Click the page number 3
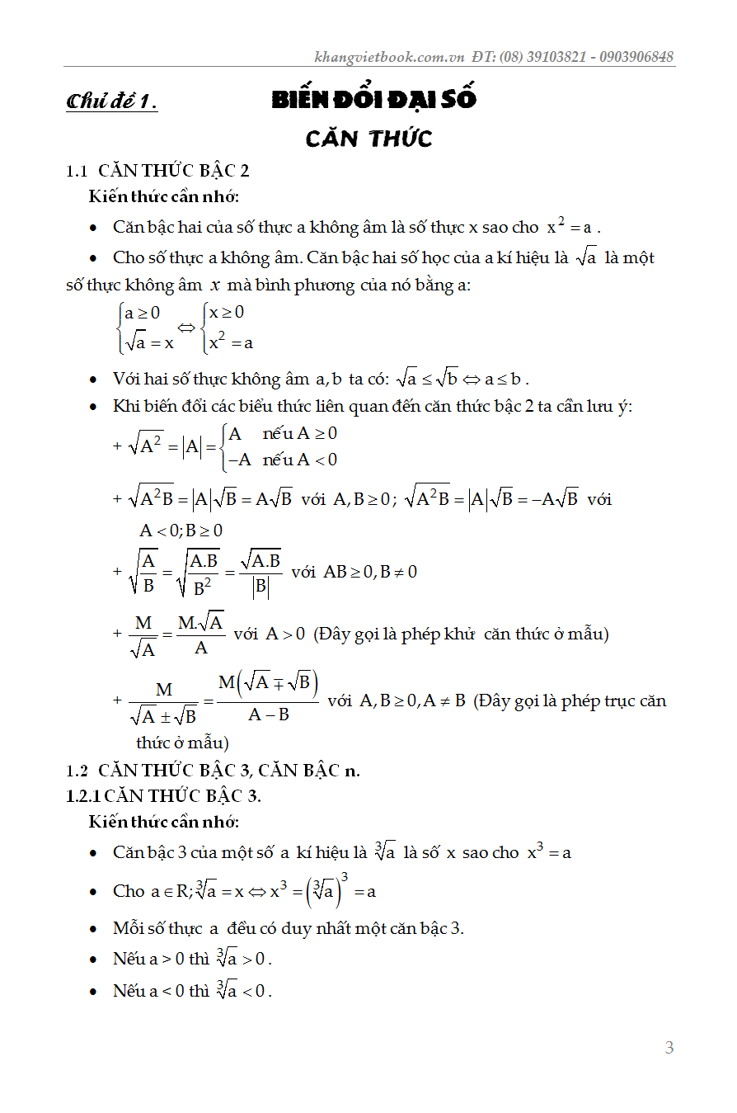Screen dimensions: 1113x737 click(x=669, y=1048)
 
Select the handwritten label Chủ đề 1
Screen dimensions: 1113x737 click(x=111, y=102)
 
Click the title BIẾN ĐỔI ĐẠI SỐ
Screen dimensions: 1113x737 click(x=374, y=100)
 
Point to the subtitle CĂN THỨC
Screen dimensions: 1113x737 click(x=368, y=138)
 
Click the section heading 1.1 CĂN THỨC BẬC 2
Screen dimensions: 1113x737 click(x=157, y=171)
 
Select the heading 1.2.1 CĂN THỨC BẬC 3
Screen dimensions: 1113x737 click(x=164, y=795)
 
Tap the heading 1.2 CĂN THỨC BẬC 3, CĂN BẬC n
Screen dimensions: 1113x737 click(x=213, y=771)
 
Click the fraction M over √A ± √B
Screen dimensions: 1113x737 click(x=164, y=702)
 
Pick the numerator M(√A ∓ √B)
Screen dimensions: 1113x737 click(x=269, y=683)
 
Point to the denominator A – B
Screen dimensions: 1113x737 click(x=269, y=714)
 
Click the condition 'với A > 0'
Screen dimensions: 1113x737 click(x=270, y=634)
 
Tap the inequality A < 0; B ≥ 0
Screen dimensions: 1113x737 click(x=181, y=531)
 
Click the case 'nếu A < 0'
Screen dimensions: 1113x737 click(x=300, y=460)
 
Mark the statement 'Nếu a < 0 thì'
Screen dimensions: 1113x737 click(x=161, y=991)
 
